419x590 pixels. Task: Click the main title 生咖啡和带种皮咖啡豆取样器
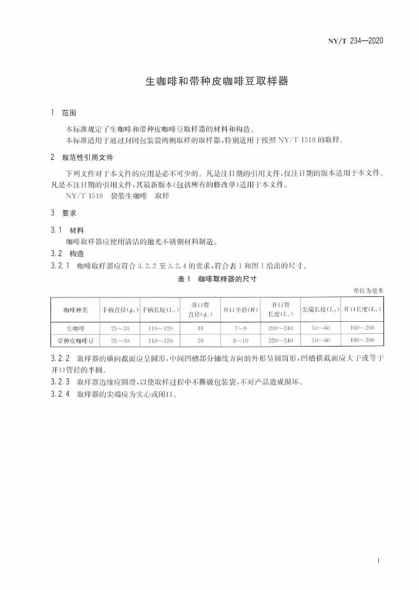(209, 82)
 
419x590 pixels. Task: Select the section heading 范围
(69, 113)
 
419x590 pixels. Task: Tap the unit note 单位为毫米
(369, 291)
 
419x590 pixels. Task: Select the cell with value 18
(200, 329)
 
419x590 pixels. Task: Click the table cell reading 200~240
(280, 329)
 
